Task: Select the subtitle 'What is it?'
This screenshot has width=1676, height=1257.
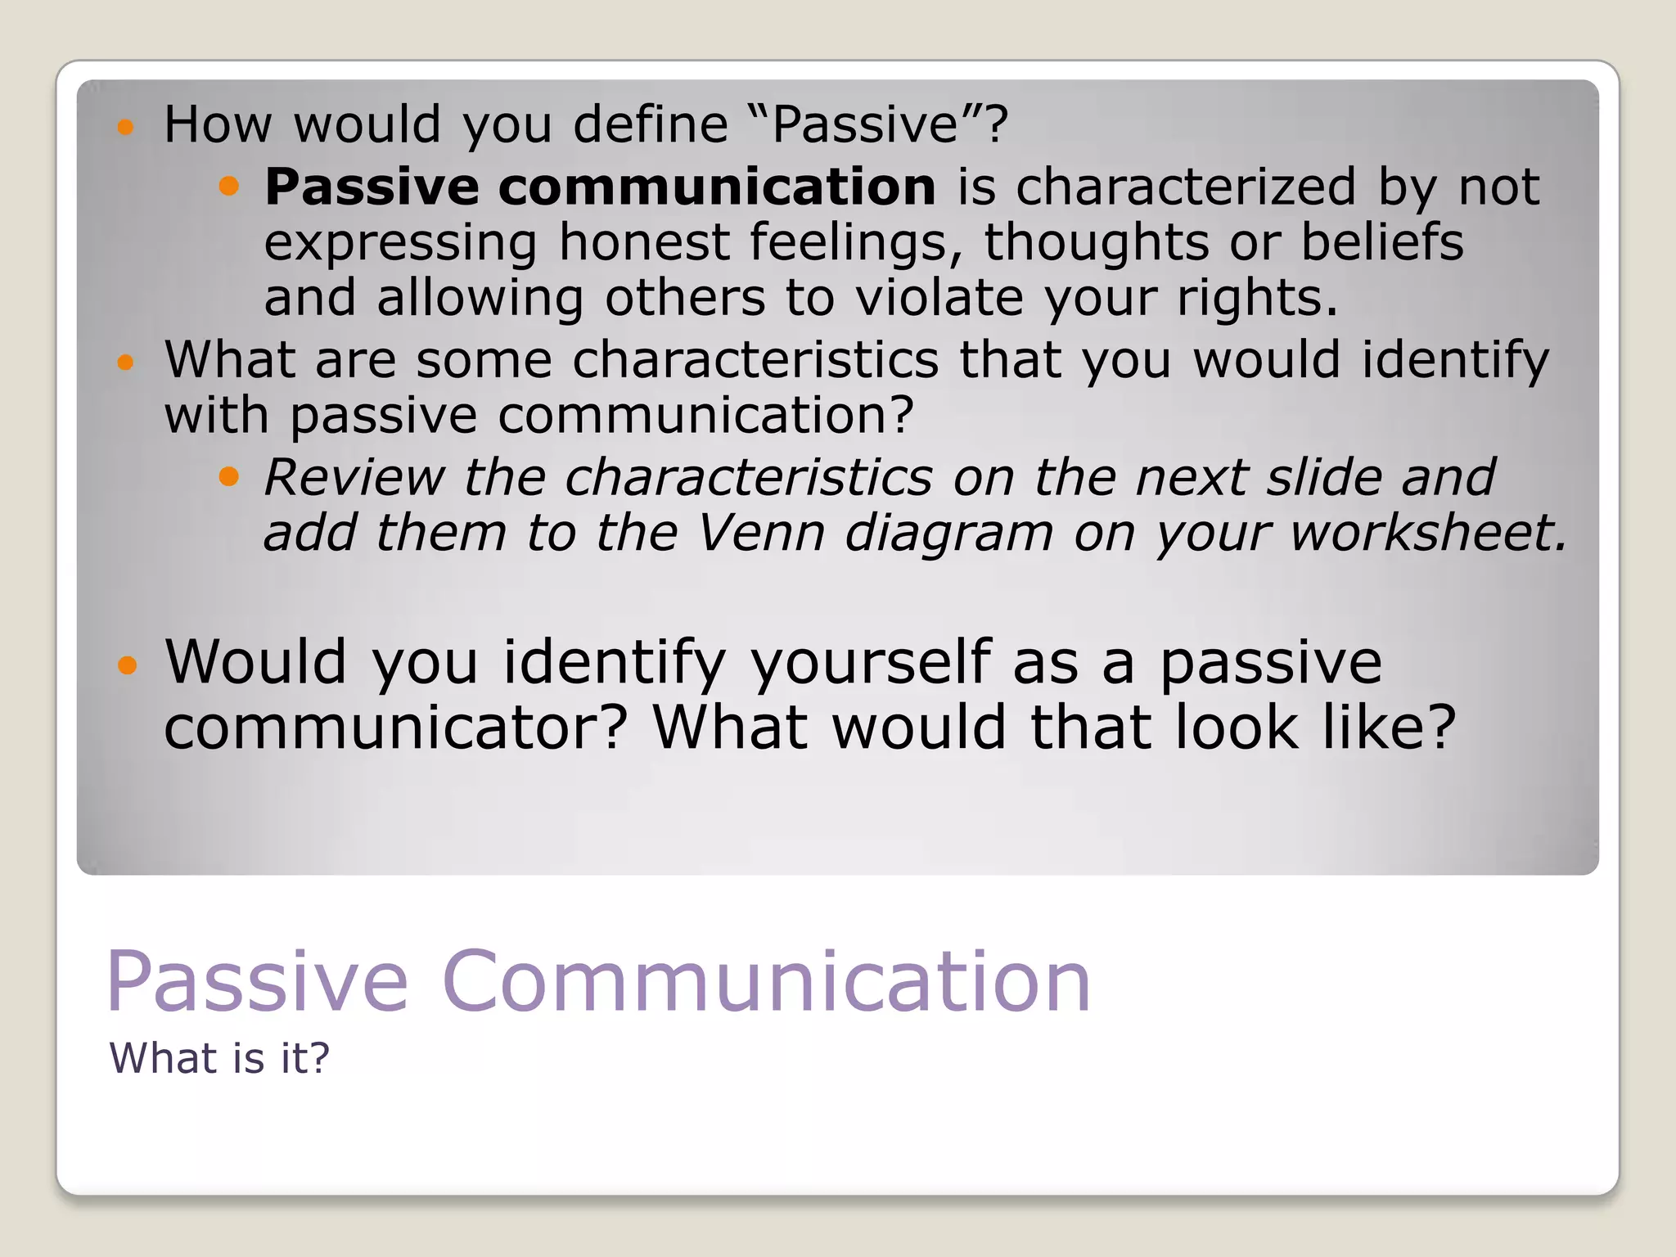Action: (x=219, y=1058)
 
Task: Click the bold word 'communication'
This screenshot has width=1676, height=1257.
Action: (x=717, y=187)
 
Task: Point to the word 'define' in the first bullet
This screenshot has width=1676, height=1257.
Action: (x=651, y=125)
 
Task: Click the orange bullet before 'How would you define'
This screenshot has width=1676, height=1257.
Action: (x=125, y=127)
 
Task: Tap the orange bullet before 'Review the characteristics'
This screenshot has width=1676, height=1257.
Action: (x=229, y=477)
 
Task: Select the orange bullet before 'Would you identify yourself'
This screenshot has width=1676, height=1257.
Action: (x=126, y=665)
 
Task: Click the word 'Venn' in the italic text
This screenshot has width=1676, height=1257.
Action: (x=761, y=533)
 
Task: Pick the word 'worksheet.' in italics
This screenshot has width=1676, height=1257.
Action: (x=1429, y=533)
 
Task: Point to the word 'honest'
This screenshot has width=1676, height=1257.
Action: (x=644, y=243)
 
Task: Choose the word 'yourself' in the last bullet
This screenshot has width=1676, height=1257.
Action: (x=872, y=663)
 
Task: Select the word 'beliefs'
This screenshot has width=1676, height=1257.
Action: (x=1382, y=243)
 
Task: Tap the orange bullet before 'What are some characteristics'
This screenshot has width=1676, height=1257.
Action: (x=125, y=362)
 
